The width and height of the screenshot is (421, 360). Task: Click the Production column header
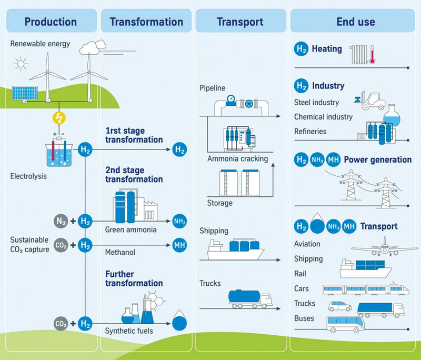coord(50,22)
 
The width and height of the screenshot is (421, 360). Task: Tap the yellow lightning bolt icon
coord(58,116)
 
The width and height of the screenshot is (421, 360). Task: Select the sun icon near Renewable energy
coord(21,65)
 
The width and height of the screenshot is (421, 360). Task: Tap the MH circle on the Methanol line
coord(179,245)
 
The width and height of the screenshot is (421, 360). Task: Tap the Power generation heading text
coord(377,160)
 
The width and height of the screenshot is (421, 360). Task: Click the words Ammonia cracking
coord(237,158)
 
